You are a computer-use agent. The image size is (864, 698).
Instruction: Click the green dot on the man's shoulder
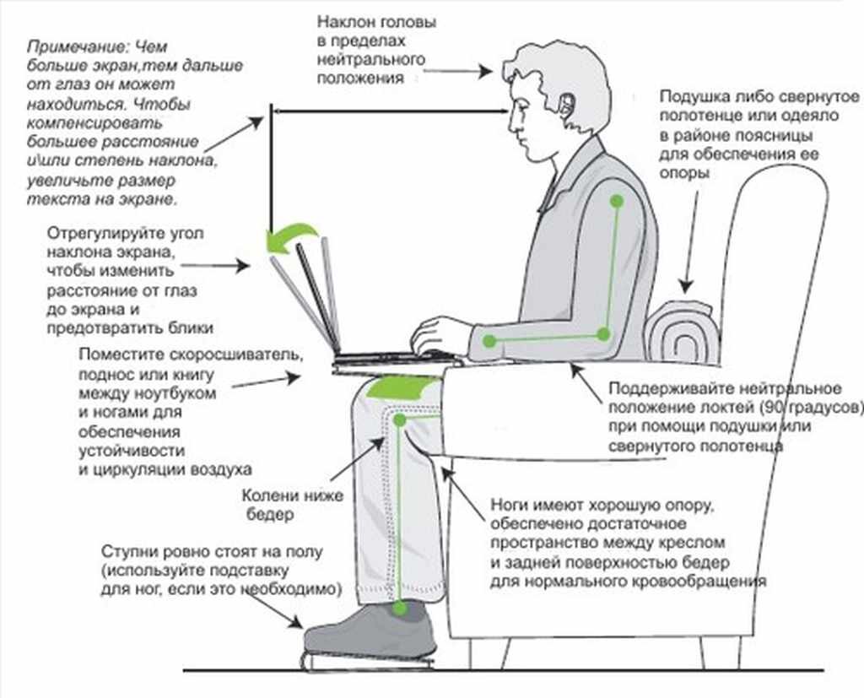pos(618,202)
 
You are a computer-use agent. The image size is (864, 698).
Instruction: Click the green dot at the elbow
pos(603,334)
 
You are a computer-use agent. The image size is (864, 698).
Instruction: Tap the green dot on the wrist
pos(489,341)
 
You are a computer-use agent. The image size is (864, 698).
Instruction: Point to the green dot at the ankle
pos(401,608)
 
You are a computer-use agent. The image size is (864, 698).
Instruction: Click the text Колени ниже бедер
pos(292,505)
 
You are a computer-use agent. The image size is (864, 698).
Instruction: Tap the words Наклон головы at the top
pos(376,24)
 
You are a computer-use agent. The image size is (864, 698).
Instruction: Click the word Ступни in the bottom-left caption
pos(125,552)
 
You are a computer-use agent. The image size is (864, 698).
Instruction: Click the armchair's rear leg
pos(710,652)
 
